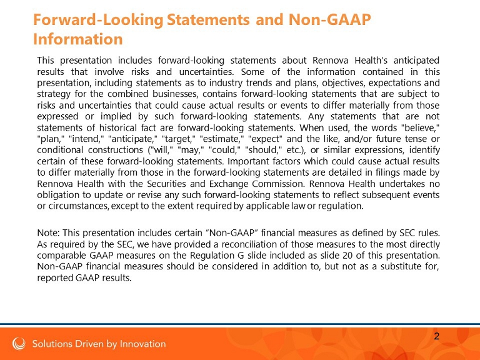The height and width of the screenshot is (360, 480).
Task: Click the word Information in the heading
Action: point(77,39)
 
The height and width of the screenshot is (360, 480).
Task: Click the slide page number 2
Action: point(436,336)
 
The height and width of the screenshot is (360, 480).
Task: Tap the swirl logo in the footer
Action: point(19,344)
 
